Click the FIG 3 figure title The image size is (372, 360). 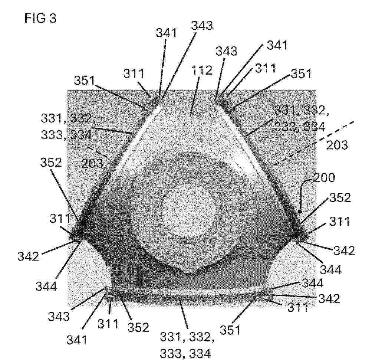(x=40, y=18)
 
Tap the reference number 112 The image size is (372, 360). (x=202, y=71)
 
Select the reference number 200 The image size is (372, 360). (x=324, y=178)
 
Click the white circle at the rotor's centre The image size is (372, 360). (x=189, y=211)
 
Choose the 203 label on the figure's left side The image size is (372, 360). (x=92, y=164)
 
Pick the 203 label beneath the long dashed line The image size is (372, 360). (x=337, y=145)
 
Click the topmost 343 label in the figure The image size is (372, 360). (x=202, y=25)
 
